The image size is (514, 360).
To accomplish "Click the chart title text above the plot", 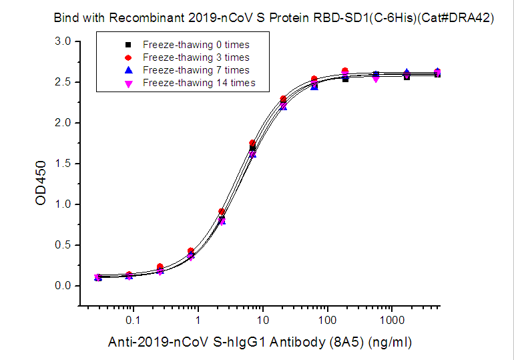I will tap(274, 19).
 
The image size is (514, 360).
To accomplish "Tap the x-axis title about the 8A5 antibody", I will tap(260, 343).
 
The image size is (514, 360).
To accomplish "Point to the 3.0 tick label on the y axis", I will tap(63, 41).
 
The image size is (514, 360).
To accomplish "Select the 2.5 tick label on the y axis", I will tap(63, 82).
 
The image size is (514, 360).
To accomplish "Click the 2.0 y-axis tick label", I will tap(63, 123).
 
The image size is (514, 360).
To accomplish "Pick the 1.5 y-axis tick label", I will tap(63, 164).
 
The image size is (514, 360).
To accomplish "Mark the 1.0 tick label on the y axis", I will tap(63, 204).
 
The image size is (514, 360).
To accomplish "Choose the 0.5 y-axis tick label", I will tap(63, 245).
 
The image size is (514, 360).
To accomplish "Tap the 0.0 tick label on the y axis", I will tap(63, 286).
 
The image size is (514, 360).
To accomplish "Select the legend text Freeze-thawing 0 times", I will tap(196, 45).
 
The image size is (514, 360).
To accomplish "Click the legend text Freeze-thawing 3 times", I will tap(196, 57).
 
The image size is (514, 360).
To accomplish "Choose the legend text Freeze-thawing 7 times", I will tap(196, 70).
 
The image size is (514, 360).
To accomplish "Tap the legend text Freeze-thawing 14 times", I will tap(198, 83).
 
